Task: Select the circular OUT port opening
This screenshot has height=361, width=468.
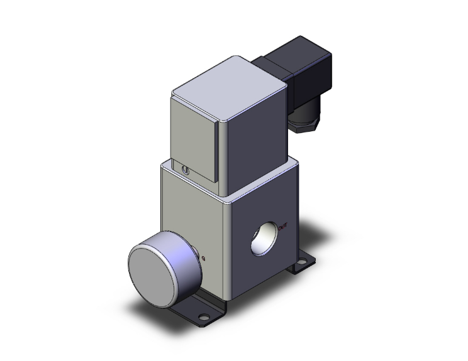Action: (262, 238)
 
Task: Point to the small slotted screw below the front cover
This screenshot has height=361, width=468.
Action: (183, 170)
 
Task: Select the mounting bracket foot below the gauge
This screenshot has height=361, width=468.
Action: (189, 307)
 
